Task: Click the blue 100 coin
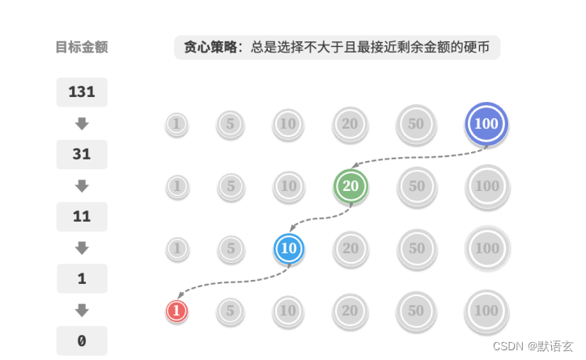[486, 124]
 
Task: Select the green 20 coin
[350, 186]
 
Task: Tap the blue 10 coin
[288, 248]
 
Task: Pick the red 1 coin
[176, 311]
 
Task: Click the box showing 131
[82, 92]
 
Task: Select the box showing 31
[82, 154]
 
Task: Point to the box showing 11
[82, 216]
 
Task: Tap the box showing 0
[82, 341]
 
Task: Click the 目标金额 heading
[82, 47]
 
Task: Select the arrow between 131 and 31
[82, 124]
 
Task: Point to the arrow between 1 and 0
[82, 310]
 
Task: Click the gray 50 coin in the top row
[416, 124]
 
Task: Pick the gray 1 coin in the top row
[176, 124]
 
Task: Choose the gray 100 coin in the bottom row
[486, 311]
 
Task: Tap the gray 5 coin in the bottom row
[231, 311]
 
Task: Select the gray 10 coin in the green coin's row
[288, 186]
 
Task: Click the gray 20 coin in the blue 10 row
[350, 248]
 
